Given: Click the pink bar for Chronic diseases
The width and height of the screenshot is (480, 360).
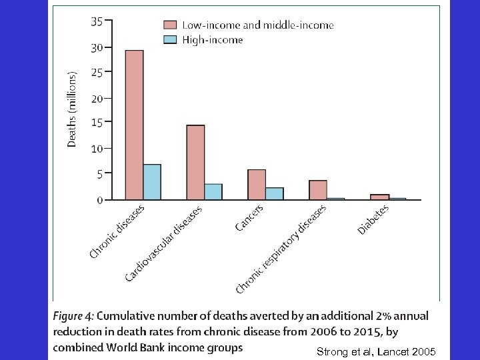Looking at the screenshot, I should (x=134, y=125).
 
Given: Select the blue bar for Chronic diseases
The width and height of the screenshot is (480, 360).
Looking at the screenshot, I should (x=152, y=181).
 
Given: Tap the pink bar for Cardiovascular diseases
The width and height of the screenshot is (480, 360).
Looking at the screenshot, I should (x=195, y=162).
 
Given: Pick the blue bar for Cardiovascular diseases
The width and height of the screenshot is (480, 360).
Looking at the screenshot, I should (x=213, y=191).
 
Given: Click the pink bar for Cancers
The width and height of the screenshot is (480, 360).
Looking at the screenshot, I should (x=257, y=184).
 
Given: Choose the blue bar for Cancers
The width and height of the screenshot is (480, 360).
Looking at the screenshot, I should (x=275, y=193).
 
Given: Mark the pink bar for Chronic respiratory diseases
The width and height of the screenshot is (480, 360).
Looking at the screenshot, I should (x=318, y=190).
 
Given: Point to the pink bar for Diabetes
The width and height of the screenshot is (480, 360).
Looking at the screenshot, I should (x=379, y=197).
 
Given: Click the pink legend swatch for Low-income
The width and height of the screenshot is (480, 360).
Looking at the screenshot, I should (x=171, y=25).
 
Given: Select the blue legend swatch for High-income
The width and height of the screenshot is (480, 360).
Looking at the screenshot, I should (x=171, y=40).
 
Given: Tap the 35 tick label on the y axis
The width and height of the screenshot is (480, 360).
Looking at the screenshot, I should (x=96, y=21).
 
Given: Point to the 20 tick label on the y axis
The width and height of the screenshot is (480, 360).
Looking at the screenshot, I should (x=96, y=99).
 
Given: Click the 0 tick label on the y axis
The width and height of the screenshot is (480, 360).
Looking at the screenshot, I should (x=99, y=199).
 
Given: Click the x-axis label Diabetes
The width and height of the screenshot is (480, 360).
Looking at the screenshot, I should (x=373, y=219).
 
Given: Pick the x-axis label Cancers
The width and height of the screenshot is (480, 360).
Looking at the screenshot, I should (x=249, y=218).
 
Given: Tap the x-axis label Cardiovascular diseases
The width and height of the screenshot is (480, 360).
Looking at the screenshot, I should (x=164, y=243).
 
